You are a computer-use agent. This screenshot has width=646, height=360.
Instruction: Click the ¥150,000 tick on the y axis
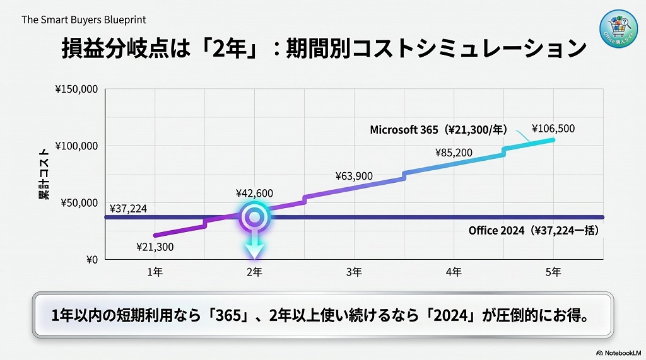click(76, 90)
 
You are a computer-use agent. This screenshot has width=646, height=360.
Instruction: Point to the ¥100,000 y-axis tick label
click(76, 146)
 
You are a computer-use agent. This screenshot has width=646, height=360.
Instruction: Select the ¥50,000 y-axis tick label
click(78, 203)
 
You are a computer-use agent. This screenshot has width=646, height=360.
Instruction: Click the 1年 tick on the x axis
click(155, 272)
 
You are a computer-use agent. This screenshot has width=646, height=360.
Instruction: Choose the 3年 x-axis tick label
click(354, 272)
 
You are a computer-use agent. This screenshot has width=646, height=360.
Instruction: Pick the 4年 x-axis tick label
click(454, 272)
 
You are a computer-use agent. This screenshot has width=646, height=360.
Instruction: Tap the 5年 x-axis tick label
click(553, 272)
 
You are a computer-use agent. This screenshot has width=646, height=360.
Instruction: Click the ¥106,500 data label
click(553, 129)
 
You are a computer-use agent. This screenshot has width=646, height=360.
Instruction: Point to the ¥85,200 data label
click(454, 152)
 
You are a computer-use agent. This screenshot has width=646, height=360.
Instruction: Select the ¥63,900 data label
click(354, 176)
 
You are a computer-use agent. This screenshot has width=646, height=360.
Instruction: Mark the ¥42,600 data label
click(254, 193)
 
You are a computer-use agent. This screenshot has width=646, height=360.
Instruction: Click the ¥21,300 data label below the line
click(155, 247)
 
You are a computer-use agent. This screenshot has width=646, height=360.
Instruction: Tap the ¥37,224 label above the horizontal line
click(128, 208)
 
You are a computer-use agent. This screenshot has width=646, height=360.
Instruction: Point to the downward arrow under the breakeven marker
click(254, 247)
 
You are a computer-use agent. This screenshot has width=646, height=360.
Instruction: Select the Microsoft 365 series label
click(439, 130)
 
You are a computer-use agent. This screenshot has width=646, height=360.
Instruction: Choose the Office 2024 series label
click(533, 231)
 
